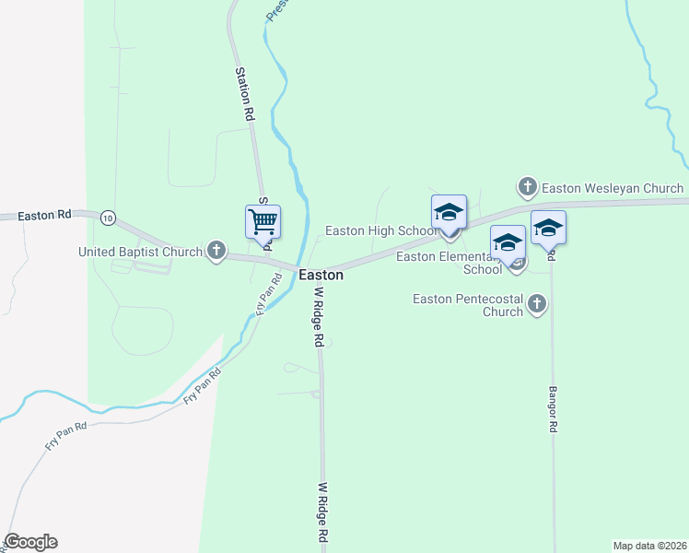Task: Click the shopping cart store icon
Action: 263,222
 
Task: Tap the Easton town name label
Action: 321,275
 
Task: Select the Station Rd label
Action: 244,94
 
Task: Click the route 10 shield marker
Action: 109,218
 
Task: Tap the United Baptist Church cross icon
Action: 216,251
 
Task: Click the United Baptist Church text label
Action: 140,252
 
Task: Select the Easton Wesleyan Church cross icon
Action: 528,188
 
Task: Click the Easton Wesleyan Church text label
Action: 613,188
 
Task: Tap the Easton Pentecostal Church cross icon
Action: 537,303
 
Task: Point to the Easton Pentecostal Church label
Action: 467,305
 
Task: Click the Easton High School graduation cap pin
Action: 449,212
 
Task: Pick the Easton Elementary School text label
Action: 449,263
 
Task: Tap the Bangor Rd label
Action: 555,410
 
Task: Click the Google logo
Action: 31,542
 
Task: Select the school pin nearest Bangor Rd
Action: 548,228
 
